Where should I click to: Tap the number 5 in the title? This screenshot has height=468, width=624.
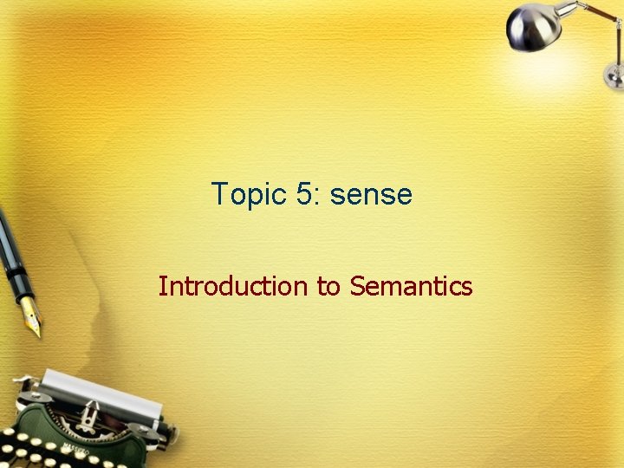(305, 193)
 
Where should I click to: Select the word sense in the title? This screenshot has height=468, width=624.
(372, 195)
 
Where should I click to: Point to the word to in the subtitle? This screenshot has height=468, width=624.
(328, 286)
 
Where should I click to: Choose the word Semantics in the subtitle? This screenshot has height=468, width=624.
(411, 285)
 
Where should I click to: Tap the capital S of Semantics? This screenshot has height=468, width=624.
(357, 285)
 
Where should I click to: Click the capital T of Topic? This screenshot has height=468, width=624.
(218, 193)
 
